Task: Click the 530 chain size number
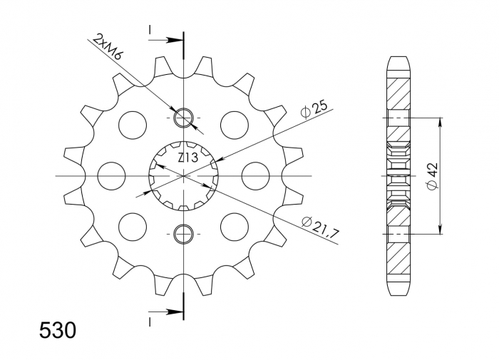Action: tap(56, 331)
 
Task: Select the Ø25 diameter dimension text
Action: tap(314, 108)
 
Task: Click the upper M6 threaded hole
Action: tap(183, 117)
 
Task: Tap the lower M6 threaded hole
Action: tap(183, 233)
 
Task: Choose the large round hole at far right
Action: tap(255, 175)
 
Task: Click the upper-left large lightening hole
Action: tap(133, 125)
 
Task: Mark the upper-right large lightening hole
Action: tap(234, 125)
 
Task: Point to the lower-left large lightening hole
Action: tap(133, 226)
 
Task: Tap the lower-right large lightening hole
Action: tap(234, 226)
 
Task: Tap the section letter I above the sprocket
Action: tap(150, 29)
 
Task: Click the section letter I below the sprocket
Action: tap(150, 322)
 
